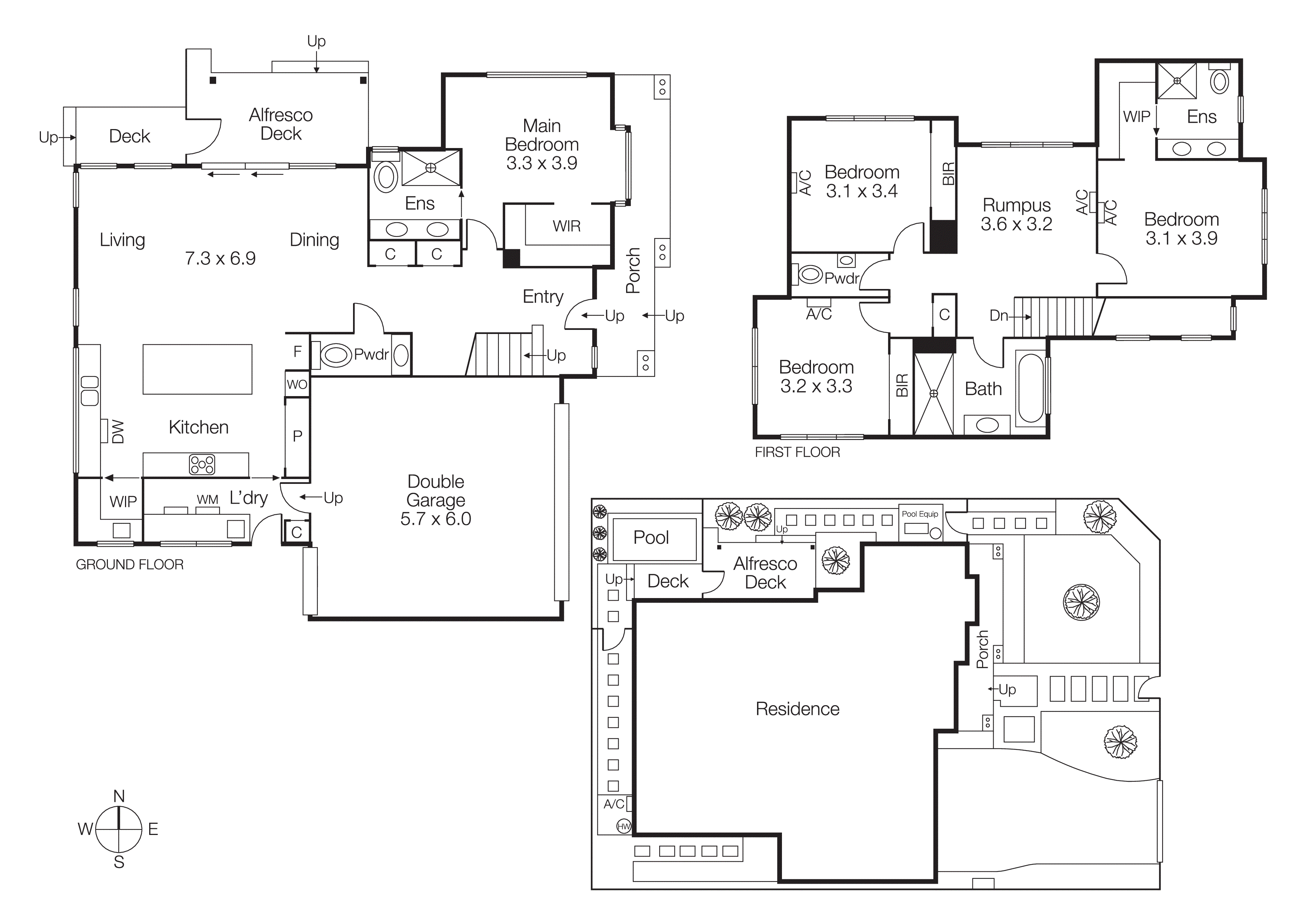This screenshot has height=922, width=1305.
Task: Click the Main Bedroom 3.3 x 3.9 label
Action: point(542,144)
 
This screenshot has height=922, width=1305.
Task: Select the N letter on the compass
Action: point(119,796)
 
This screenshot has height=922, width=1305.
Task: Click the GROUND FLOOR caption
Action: point(129,565)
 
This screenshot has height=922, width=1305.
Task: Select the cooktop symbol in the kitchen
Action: point(202,465)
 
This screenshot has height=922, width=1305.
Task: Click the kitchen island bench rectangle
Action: point(197,369)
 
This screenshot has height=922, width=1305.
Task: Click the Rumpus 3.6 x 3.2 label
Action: point(1016,214)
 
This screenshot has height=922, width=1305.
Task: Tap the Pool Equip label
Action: point(920,514)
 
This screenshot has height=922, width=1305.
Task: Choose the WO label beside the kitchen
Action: point(297,385)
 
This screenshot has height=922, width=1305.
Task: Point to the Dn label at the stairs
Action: point(998,316)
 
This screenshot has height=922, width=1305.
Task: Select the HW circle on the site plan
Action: point(623,826)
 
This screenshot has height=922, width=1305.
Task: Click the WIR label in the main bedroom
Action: point(566,226)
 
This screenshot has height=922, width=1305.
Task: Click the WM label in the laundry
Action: point(208,500)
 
